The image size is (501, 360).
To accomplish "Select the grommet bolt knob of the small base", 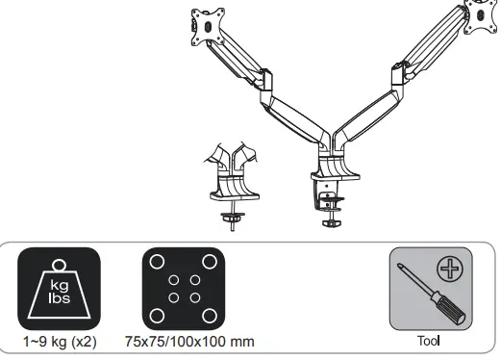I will click(x=232, y=217).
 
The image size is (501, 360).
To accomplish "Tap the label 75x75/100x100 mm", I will click(x=183, y=343).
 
